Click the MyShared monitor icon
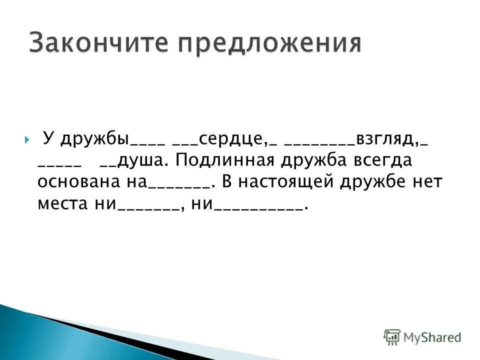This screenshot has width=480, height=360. [392, 337]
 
